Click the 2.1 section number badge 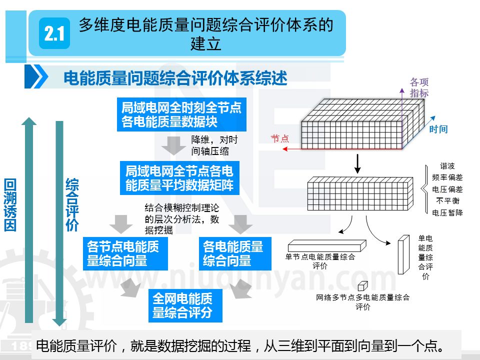(x=54, y=33)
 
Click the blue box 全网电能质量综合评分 (x=182, y=306)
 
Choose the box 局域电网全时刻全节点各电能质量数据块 (x=181, y=114)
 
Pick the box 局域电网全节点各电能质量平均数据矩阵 (x=179, y=178)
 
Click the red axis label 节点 (x=280, y=139)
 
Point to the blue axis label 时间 (x=438, y=129)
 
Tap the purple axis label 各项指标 (x=419, y=87)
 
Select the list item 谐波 (x=447, y=166)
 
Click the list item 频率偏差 (x=447, y=177)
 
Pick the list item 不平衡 (x=447, y=201)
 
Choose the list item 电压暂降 (x=447, y=212)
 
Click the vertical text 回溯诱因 (x=10, y=204)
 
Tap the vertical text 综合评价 (x=72, y=204)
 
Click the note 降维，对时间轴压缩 (x=214, y=145)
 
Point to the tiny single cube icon (x=362, y=285)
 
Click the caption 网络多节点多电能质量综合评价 (x=362, y=302)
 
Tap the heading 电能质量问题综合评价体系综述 (x=175, y=78)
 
